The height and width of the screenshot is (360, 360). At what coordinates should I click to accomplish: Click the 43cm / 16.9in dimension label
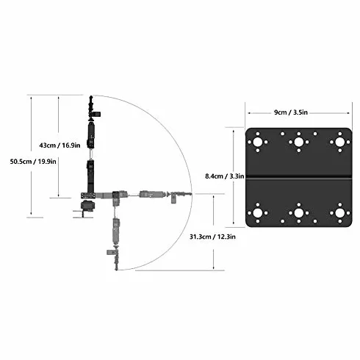click(60, 145)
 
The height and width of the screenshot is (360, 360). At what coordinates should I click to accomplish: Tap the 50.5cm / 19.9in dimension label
click(33, 162)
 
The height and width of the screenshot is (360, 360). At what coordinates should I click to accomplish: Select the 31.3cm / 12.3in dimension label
click(212, 237)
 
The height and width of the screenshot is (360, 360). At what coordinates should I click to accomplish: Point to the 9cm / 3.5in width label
click(291, 112)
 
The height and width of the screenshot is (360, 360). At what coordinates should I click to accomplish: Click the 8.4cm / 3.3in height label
click(225, 176)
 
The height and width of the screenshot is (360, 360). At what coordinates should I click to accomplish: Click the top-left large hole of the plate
click(258, 142)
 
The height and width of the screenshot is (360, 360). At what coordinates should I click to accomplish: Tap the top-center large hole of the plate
click(299, 142)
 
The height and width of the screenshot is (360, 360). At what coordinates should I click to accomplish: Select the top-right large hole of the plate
click(340, 142)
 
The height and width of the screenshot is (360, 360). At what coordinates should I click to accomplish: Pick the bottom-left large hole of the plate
click(258, 213)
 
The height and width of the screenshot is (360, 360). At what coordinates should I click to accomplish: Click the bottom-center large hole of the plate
click(299, 213)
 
